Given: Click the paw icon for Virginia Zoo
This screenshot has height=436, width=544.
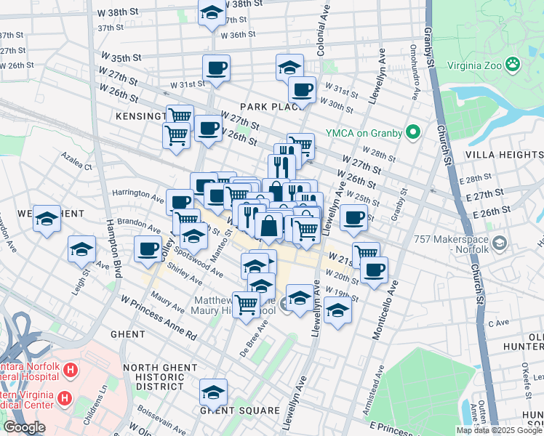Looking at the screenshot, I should point(513,63).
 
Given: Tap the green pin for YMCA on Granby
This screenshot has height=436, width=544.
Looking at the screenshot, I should point(414,132).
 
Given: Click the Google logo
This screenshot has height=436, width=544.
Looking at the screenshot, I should point(23,427).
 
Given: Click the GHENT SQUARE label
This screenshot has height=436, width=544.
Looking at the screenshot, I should point(240,411).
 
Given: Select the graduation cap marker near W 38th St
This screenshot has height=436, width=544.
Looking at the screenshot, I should point(212,12).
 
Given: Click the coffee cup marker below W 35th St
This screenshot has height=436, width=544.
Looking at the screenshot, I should point(216,68).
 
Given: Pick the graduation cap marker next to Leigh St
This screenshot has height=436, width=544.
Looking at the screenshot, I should point(81,249).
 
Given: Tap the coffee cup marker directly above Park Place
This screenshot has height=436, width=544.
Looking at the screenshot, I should point(302,90).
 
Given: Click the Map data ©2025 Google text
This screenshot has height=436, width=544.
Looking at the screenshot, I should point(498,430).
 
